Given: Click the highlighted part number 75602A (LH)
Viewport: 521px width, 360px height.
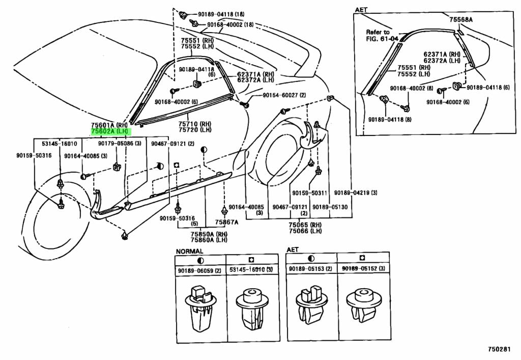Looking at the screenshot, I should pos(110,131).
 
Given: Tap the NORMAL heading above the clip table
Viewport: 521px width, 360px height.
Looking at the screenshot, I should pos(189,251).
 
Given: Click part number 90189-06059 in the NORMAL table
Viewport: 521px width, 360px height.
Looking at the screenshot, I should pos(199,270).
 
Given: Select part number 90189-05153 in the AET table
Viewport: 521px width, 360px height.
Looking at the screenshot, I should pos(310,269).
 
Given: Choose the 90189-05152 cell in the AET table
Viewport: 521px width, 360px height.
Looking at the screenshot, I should pos(363,269).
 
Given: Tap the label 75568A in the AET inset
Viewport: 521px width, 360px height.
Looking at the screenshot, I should pos(461,19).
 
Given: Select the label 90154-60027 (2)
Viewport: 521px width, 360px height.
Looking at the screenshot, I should pos(284,95).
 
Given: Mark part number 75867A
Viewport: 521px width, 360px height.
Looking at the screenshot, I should pos(225,222).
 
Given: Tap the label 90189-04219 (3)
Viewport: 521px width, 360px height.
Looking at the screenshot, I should pos(356,193).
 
